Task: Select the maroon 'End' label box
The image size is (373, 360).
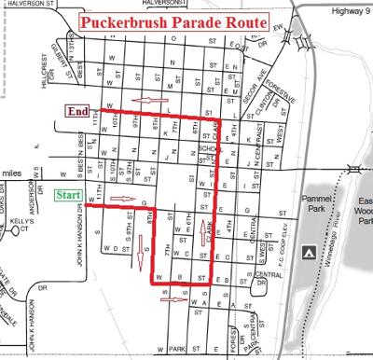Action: pyautogui.click(x=77, y=110)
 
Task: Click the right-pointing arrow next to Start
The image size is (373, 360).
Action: pyautogui.click(x=118, y=200)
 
